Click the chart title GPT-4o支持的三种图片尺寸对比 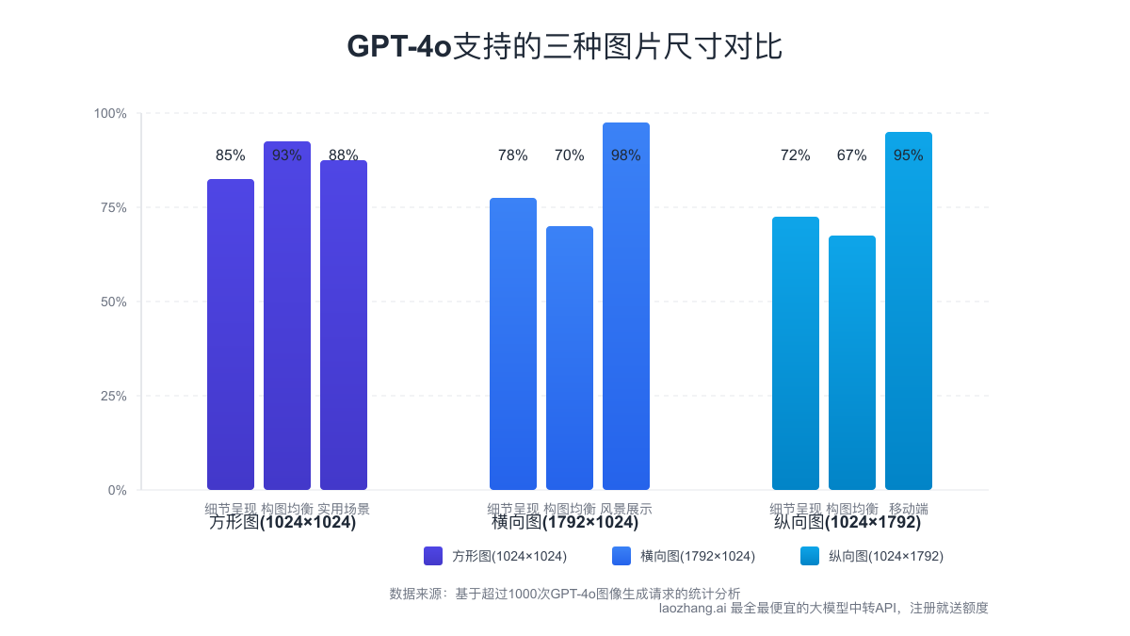coord(565,46)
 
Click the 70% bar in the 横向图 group coord(570,358)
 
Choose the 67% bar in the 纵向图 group coord(852,363)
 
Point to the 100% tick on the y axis coord(110,114)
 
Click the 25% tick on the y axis coord(114,396)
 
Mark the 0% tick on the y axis coord(117,490)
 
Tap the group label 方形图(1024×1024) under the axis coord(282,523)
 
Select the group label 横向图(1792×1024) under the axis coord(565,523)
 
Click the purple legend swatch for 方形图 coord(433,556)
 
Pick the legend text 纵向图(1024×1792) coord(885,556)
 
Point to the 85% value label coord(231,155)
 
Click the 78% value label coord(513,155)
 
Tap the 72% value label coord(796,155)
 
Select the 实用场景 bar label coord(344,509)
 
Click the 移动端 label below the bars coord(909,509)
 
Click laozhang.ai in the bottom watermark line coord(692,609)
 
